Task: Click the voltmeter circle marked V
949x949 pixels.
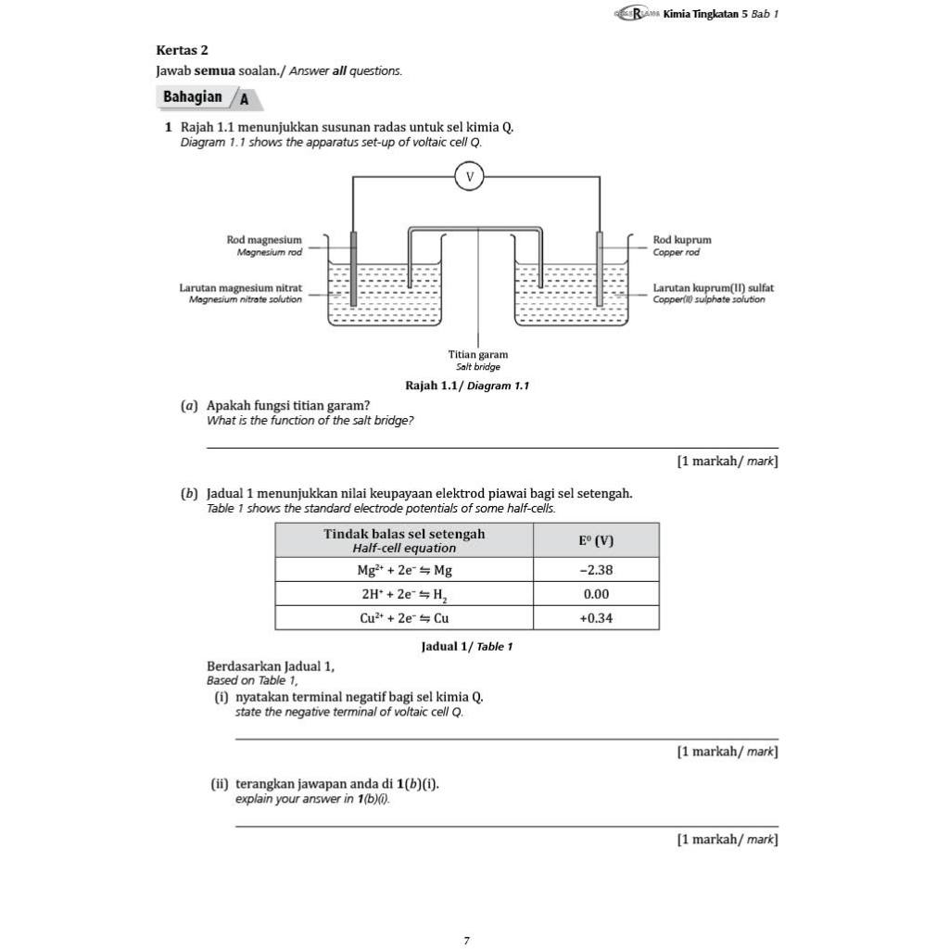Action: (470, 176)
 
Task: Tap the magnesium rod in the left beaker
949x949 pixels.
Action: (353, 269)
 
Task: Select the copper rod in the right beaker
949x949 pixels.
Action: (600, 269)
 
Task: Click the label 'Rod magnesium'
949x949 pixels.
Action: (264, 240)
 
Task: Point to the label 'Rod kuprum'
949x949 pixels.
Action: (682, 240)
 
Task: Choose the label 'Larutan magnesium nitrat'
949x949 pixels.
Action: (241, 288)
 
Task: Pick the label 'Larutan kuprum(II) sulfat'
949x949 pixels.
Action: (714, 288)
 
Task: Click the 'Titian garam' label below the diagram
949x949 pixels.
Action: (478, 354)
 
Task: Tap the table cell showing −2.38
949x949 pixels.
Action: (596, 570)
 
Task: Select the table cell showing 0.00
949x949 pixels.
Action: (596, 594)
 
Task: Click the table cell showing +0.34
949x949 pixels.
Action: (596, 618)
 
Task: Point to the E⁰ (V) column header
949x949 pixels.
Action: (596, 540)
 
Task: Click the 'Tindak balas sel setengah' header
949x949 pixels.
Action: (404, 534)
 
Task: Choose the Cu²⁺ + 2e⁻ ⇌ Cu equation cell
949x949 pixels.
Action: (404, 618)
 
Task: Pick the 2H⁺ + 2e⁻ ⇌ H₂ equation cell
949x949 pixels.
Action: (404, 594)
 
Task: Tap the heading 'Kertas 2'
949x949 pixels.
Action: (183, 50)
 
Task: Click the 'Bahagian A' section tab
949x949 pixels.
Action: (206, 97)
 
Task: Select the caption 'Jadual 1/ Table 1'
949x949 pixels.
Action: (467, 646)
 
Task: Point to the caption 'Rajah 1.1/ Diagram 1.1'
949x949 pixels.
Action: (467, 386)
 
